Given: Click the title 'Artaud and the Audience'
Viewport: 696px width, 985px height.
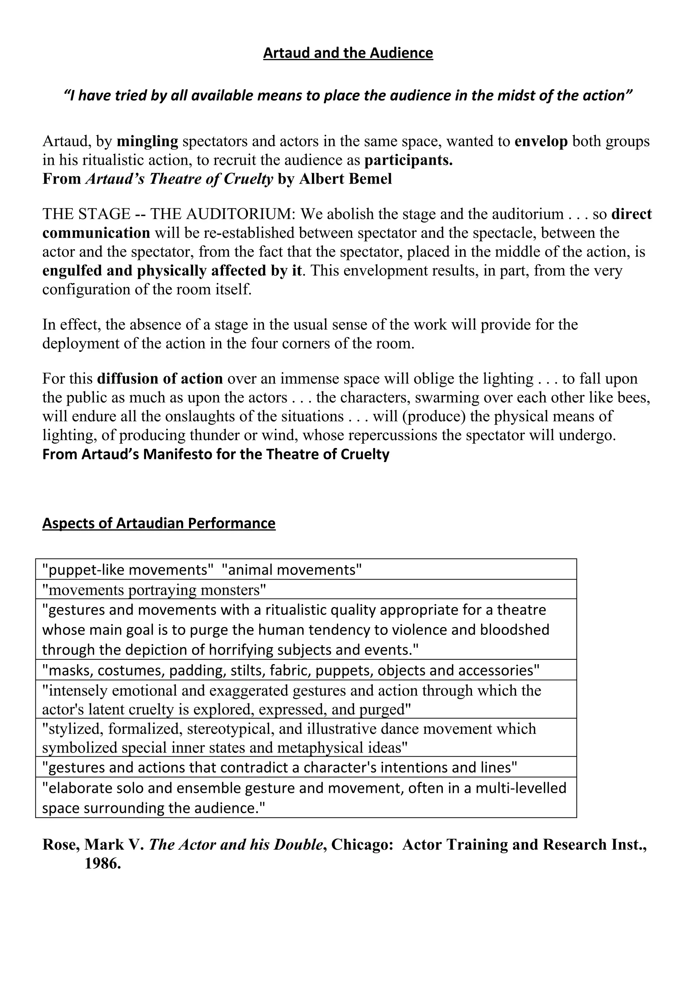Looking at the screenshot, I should pyautogui.click(x=348, y=53).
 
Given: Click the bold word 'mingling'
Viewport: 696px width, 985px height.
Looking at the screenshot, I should pyautogui.click(x=147, y=141).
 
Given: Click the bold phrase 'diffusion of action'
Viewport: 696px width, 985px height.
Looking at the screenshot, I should pyautogui.click(x=160, y=378).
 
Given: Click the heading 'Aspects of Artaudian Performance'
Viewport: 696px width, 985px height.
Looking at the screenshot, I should pyautogui.click(x=159, y=523).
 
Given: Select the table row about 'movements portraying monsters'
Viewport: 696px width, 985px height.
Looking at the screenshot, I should pyautogui.click(x=154, y=590).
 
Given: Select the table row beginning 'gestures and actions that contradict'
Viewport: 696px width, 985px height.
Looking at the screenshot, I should pyautogui.click(x=280, y=767).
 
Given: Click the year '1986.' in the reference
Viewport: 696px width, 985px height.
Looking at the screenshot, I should pyautogui.click(x=103, y=863).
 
